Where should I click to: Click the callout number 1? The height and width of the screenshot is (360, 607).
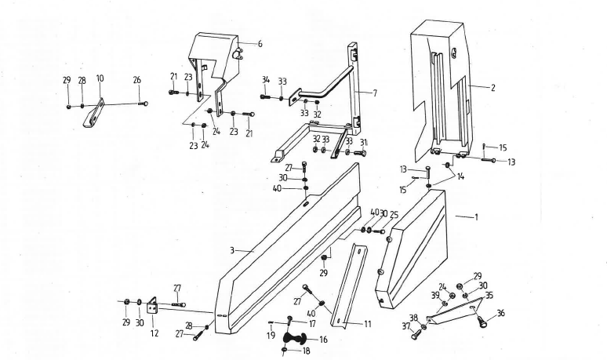click(x=475, y=218)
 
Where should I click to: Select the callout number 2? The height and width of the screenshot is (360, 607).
click(x=493, y=89)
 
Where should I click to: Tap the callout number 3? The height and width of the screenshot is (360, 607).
click(x=232, y=250)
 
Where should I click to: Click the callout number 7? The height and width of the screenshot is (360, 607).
click(x=375, y=93)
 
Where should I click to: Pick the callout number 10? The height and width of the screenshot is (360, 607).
click(x=100, y=78)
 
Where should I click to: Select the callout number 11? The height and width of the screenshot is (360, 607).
click(x=367, y=323)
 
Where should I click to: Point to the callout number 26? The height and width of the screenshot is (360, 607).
click(x=137, y=79)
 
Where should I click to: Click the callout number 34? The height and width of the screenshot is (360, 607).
click(x=266, y=80)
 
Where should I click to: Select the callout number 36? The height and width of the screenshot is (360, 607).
click(x=500, y=314)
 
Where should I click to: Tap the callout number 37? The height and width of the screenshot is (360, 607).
click(x=406, y=326)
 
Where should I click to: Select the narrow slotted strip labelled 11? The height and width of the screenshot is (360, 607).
click(x=349, y=286)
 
